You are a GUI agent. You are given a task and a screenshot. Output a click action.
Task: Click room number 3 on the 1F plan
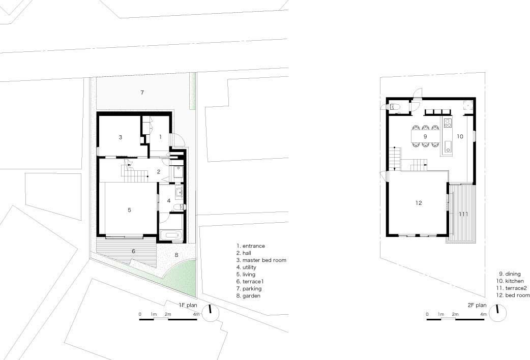point(121,137)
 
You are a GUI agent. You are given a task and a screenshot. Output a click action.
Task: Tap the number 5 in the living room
point(130,210)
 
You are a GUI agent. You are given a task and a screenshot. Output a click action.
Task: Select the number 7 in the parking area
point(142,92)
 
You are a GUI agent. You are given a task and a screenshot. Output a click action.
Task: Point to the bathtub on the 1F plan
point(171,235)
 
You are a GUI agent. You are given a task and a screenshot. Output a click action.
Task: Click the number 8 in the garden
point(176,255)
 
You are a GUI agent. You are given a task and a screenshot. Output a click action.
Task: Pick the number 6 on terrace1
point(133,251)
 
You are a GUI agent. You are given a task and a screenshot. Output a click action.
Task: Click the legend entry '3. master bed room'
point(261,260)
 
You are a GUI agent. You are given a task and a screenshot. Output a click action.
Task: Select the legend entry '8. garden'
point(248,296)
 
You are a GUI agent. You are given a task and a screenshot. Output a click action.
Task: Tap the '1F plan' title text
point(188,305)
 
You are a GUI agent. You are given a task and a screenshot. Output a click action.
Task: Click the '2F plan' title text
point(477,305)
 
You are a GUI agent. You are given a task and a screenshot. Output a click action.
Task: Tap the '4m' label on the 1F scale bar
point(196,314)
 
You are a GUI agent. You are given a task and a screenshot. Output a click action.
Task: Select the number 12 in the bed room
point(419,203)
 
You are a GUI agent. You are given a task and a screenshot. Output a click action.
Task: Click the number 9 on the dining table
point(425,137)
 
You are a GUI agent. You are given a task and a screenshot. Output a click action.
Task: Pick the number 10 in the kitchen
point(460,137)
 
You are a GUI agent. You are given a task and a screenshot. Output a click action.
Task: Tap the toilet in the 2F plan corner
point(395,107)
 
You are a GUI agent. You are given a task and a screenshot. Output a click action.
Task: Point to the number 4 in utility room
point(169,201)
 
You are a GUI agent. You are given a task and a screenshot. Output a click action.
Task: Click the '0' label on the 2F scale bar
point(427,314)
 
